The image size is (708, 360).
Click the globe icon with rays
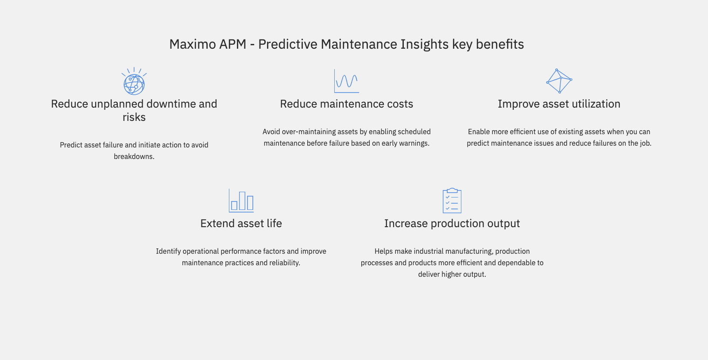(134, 81)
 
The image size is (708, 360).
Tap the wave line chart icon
(346, 81)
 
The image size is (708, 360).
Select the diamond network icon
(559, 81)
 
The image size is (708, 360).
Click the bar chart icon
(241, 201)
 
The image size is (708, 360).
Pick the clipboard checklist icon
(452, 201)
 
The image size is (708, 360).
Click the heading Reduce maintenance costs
(346, 104)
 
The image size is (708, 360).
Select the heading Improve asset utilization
(559, 104)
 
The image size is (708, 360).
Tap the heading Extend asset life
(241, 223)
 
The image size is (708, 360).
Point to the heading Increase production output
(452, 224)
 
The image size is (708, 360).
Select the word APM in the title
(232, 44)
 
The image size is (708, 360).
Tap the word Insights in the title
(425, 44)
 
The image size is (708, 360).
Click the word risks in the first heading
(134, 117)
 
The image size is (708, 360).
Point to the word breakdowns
(134, 156)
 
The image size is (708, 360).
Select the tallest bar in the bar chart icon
(242, 201)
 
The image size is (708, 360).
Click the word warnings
(416, 143)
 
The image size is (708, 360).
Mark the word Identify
(168, 251)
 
